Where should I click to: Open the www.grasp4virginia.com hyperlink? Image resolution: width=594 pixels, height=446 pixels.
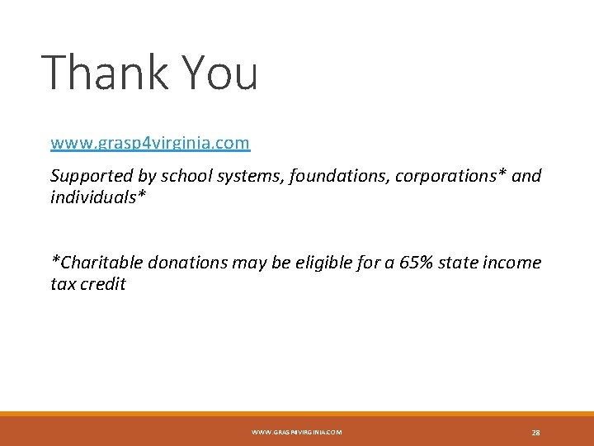(150, 143)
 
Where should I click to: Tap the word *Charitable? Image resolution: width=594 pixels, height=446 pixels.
(95, 263)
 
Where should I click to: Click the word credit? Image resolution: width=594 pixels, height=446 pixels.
(103, 285)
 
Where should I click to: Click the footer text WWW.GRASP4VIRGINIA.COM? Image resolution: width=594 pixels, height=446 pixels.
(296, 432)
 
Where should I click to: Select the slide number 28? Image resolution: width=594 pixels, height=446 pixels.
(535, 432)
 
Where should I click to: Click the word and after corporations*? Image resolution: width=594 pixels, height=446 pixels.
(526, 176)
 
